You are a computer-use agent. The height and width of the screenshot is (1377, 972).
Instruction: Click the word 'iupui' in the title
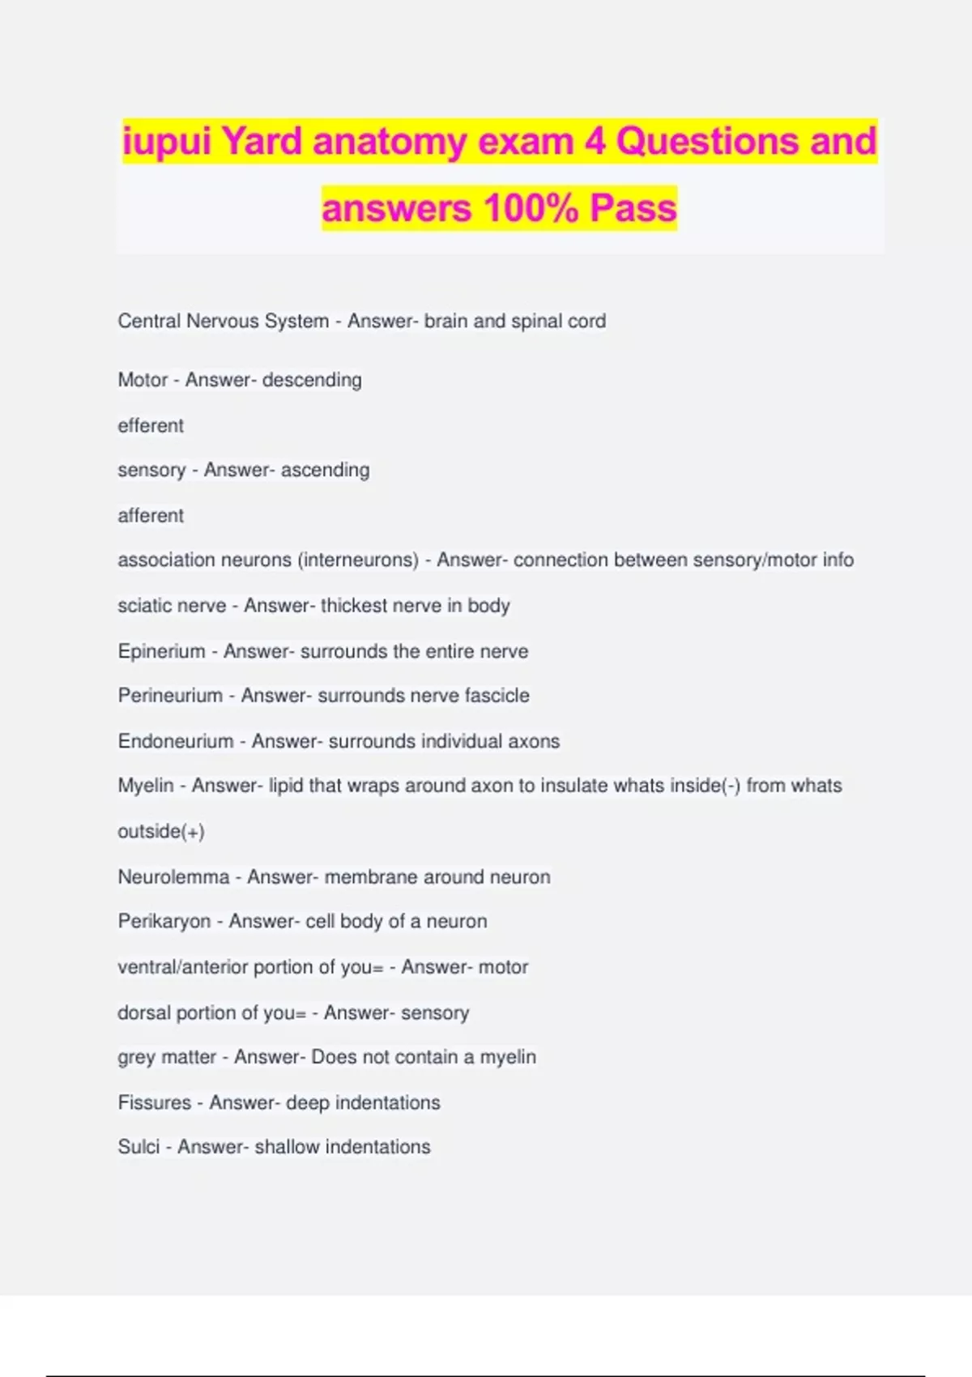pos(167,143)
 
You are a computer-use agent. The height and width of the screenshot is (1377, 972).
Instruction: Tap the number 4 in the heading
pos(595,143)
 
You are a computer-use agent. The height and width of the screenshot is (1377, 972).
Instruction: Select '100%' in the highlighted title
pos(531,209)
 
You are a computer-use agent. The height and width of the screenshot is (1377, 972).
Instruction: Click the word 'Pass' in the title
pos(633,209)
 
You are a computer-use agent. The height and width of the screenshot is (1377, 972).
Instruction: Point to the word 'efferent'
pos(151,425)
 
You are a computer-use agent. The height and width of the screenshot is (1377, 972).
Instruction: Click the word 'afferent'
pos(151,515)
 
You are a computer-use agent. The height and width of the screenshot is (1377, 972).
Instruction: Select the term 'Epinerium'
pos(161,651)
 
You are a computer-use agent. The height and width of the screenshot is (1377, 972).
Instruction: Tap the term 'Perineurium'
pos(170,696)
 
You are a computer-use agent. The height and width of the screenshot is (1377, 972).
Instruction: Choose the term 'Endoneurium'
pos(175,741)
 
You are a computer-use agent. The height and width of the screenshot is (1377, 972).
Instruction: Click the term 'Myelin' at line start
pos(146,786)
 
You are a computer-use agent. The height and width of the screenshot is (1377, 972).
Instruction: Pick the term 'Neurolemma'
pos(173,876)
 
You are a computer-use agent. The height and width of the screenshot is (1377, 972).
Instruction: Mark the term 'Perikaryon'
pos(164,922)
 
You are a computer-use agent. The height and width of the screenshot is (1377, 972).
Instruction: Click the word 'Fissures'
pos(155,1102)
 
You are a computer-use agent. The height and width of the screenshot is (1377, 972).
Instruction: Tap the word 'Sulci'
pos(139,1147)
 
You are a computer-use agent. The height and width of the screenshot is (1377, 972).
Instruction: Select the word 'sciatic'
pos(143,606)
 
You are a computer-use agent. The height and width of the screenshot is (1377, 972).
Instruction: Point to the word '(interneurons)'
pos(358,560)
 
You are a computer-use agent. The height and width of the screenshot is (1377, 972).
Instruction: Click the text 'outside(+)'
pos(161,831)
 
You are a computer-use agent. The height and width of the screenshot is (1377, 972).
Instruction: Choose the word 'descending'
pos(312,380)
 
